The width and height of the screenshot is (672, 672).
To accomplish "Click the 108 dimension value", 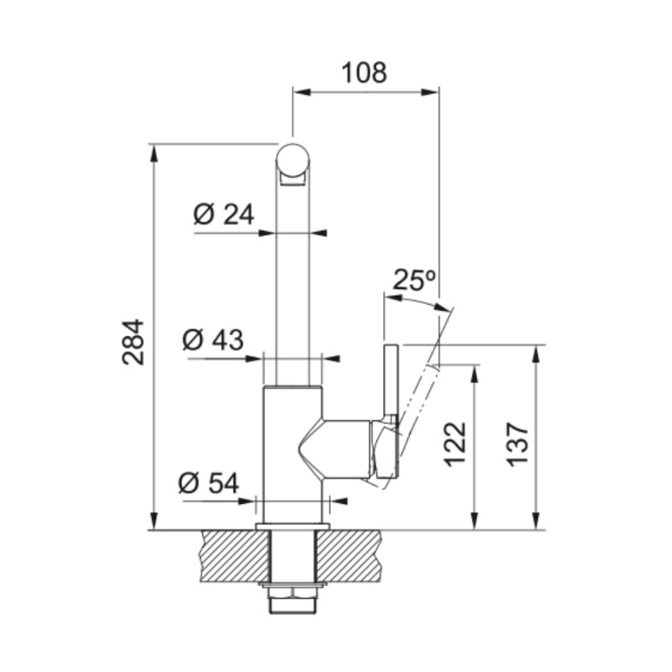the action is (365, 72).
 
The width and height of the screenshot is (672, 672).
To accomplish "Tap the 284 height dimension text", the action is (133, 342).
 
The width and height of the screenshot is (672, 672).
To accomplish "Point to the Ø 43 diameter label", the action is (213, 340).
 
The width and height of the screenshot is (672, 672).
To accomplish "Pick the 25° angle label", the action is (414, 280).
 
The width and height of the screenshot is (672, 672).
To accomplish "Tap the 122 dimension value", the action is (454, 444).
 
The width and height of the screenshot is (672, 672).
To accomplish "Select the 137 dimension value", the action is (517, 444).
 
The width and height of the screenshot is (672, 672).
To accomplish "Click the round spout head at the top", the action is (292, 160).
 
